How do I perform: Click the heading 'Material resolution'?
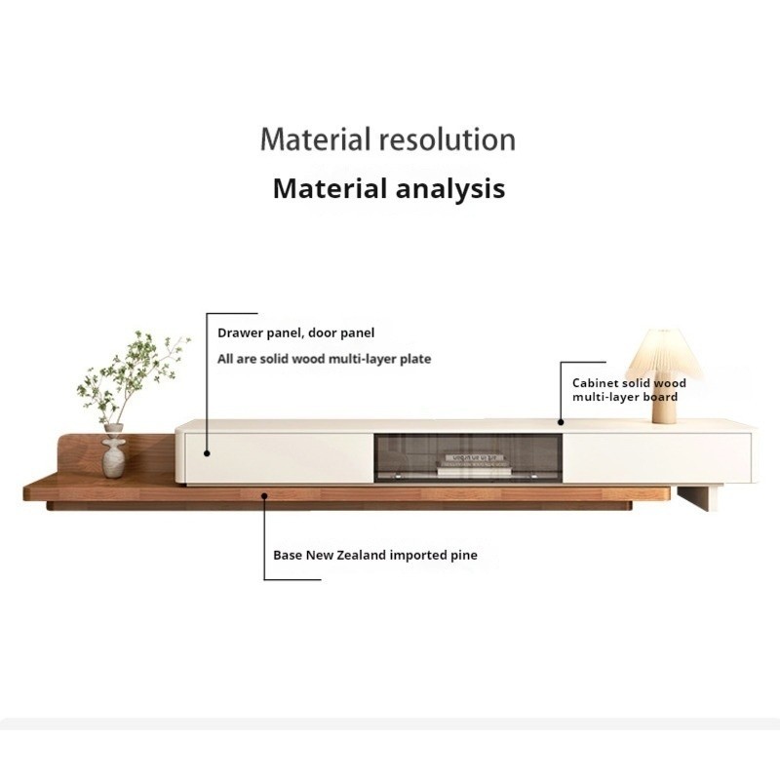pos(387,139)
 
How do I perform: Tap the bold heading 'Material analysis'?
pos(389,188)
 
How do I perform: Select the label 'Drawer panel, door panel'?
pos(296,332)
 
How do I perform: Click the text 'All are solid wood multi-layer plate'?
pos(325,359)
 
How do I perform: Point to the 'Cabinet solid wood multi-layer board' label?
pos(629,390)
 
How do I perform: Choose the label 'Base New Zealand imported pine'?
pos(375,555)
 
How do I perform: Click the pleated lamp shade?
pos(664,355)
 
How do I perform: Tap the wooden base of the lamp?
pos(664,402)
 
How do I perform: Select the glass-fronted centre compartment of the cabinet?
pos(468,457)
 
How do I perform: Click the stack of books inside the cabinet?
pos(474,465)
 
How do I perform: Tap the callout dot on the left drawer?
pos(207,453)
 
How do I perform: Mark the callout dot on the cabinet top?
pos(561,422)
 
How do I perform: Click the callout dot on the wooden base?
pos(264,496)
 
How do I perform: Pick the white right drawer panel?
pos(656,457)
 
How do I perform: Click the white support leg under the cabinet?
pos(697,498)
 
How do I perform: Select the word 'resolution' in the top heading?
pos(448,139)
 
